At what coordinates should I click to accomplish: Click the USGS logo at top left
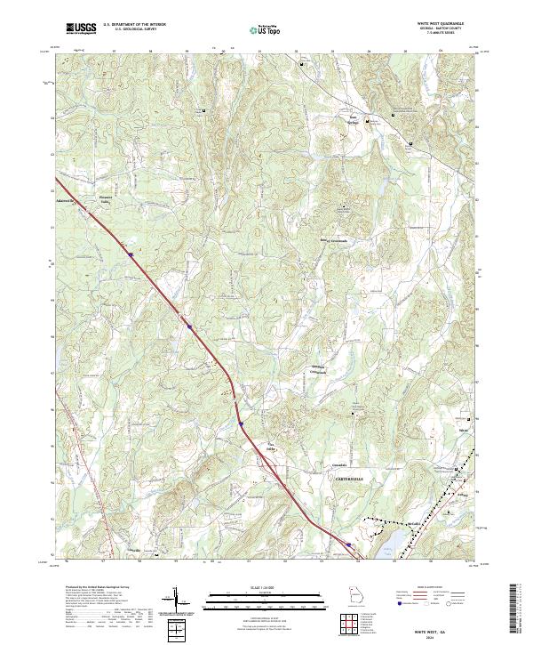click(x=80, y=29)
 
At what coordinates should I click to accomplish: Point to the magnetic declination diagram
click(x=181, y=601)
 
